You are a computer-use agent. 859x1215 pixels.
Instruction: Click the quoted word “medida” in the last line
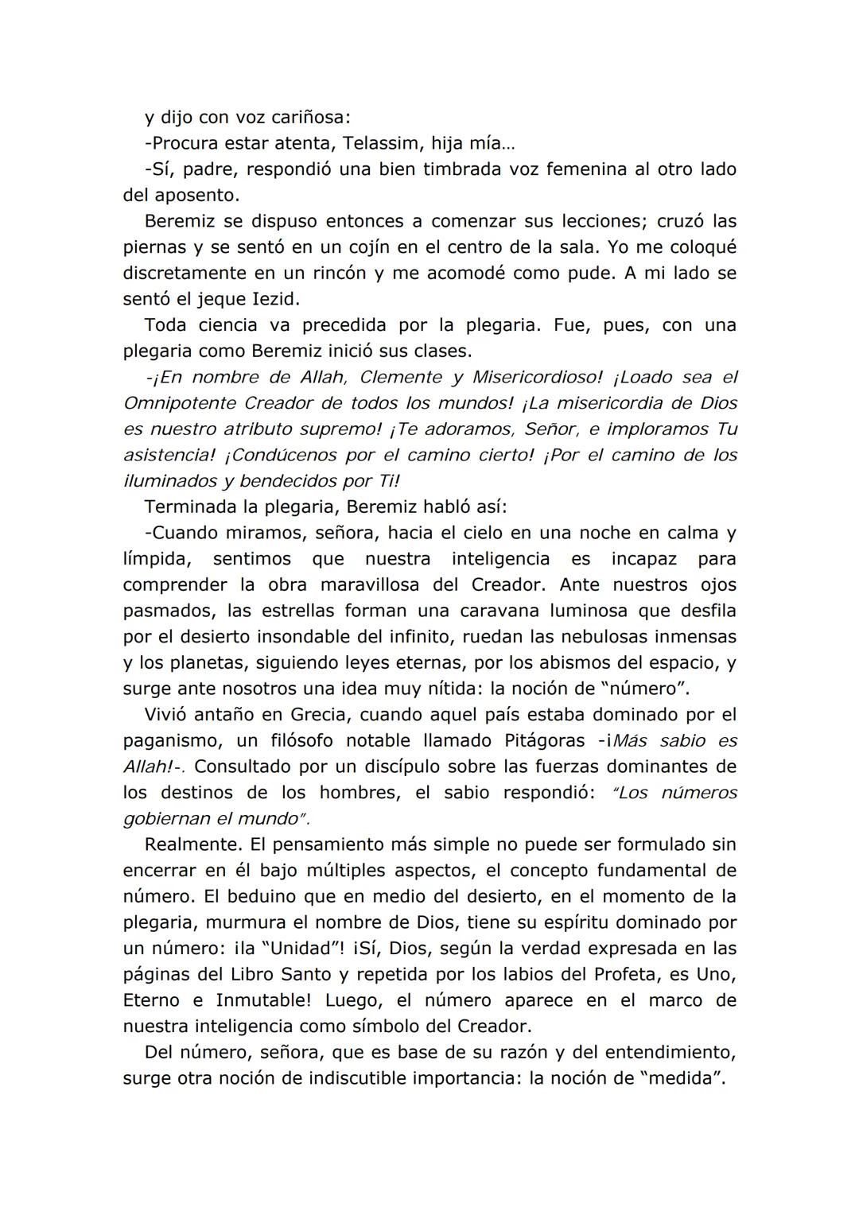tap(682, 1078)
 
